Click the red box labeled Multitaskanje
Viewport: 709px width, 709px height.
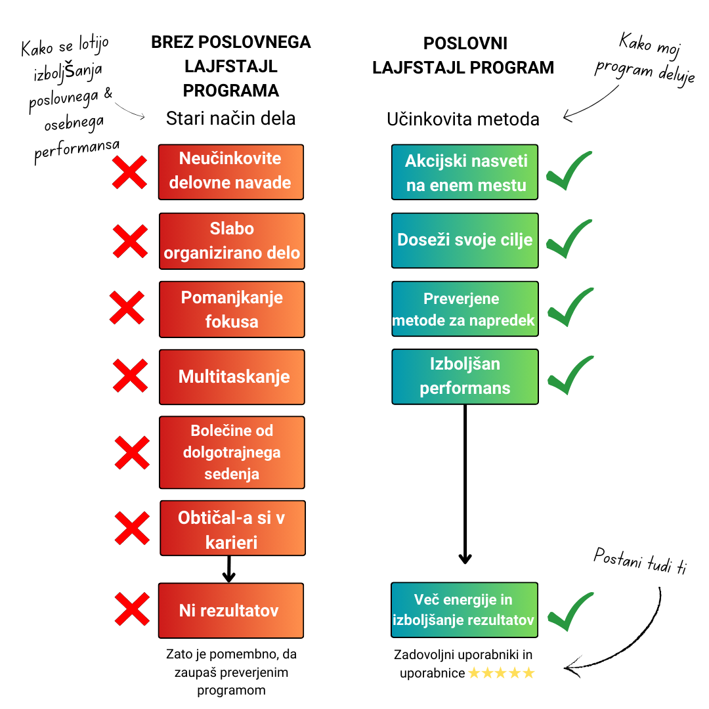click(x=232, y=377)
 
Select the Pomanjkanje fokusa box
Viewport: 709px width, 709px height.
click(x=232, y=309)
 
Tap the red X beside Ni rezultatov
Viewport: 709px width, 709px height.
click(x=131, y=609)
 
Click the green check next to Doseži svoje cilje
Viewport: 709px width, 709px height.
click(x=569, y=240)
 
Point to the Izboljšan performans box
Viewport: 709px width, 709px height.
click(x=465, y=376)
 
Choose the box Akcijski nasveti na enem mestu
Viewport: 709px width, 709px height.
click(x=465, y=172)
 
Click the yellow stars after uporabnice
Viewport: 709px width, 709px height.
click(x=502, y=673)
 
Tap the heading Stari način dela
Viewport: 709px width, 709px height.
click(x=230, y=118)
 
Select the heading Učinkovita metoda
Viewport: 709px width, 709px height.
click(x=463, y=119)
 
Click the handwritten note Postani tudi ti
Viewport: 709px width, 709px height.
click(x=639, y=562)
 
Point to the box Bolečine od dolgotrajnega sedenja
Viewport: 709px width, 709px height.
click(x=232, y=452)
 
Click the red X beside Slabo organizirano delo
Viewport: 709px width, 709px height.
click(x=130, y=241)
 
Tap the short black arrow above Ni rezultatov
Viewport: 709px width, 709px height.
click(x=228, y=569)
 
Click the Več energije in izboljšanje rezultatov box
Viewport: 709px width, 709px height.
click(x=464, y=609)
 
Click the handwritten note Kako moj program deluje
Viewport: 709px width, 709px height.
click(x=647, y=59)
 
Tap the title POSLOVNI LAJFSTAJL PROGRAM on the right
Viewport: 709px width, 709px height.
click(x=463, y=55)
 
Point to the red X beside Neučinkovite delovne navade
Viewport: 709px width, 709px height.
click(x=130, y=173)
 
